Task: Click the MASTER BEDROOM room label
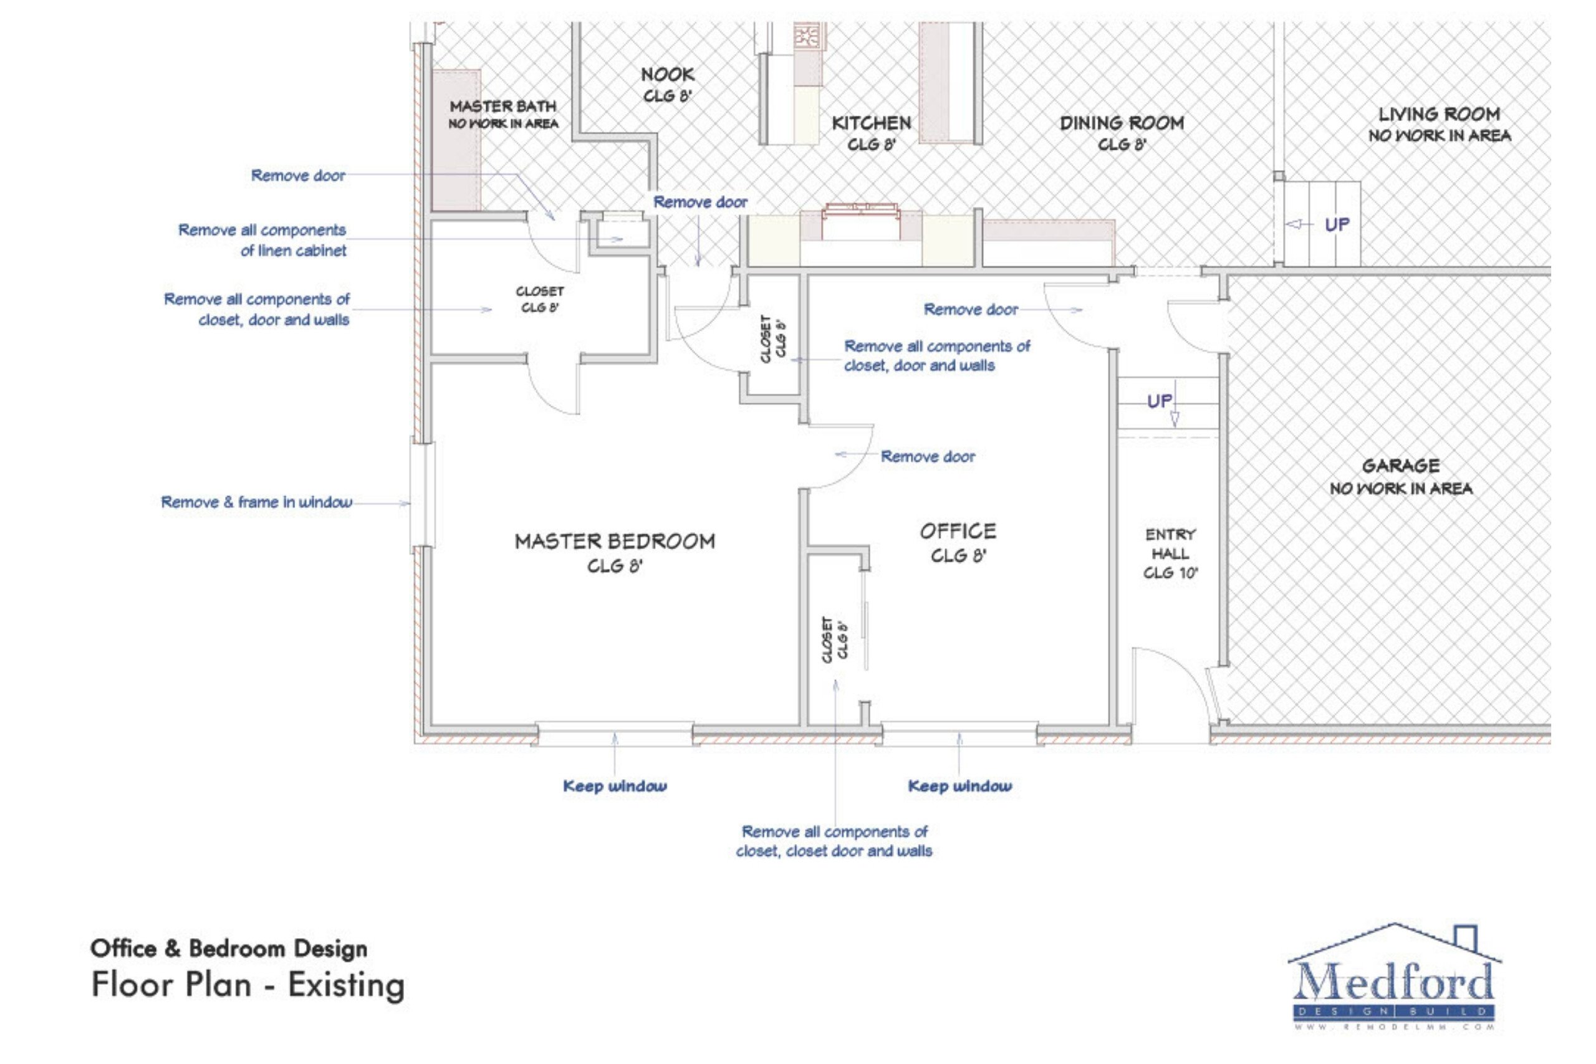[614, 542]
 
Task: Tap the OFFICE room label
[958, 531]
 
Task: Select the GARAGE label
[1401, 466]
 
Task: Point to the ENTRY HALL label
[1170, 544]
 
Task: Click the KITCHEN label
[872, 123]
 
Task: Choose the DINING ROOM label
[1121, 123]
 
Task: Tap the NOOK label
[667, 75]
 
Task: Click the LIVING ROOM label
[1438, 115]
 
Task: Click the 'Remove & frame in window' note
[256, 502]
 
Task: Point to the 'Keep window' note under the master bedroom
[615, 786]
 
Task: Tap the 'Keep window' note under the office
[959, 786]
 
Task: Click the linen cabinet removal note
[262, 240]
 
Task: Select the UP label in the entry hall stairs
[1159, 401]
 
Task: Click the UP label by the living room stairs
[1337, 224]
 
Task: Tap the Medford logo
[1395, 978]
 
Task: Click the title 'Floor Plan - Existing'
[248, 985]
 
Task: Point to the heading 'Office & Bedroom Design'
[229, 948]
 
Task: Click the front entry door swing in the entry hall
[1174, 686]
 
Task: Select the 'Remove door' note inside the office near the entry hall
[970, 309]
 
